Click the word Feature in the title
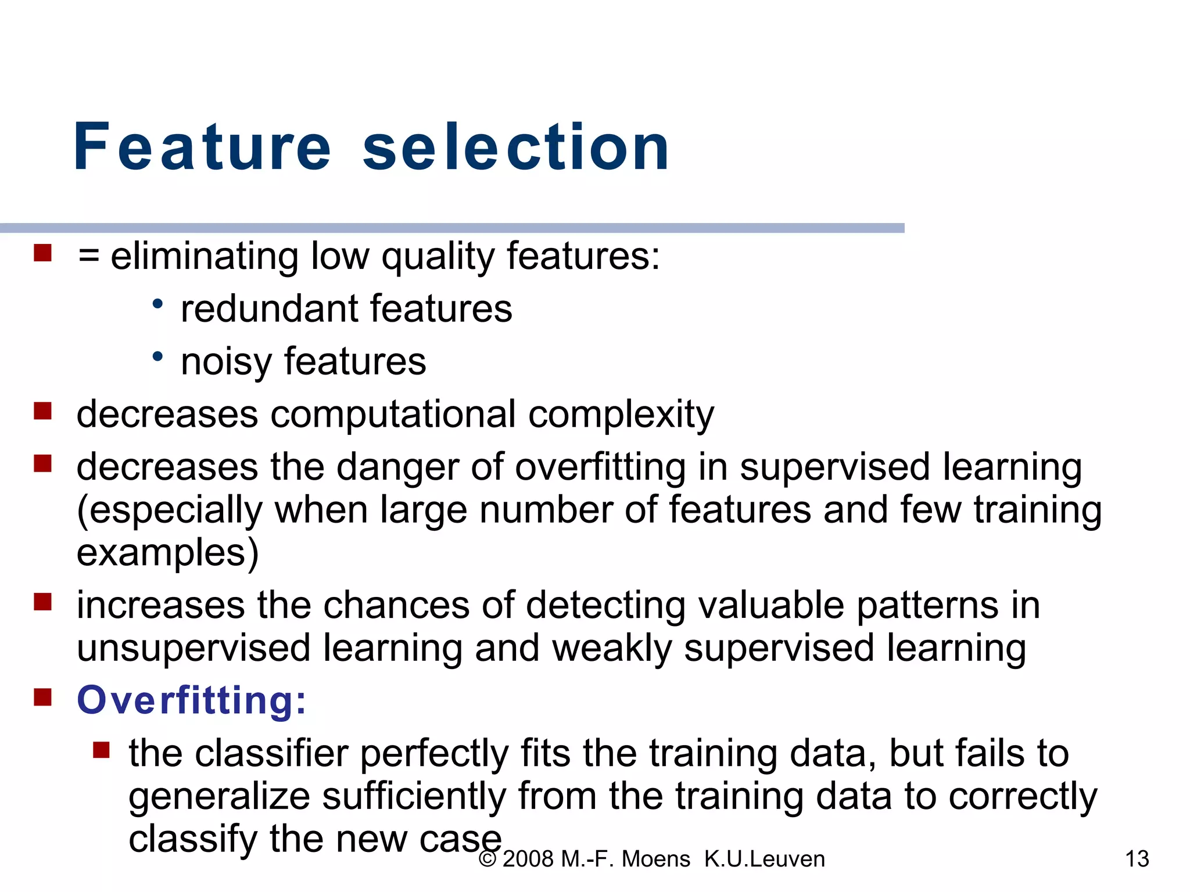pyautogui.click(x=202, y=148)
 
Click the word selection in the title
pyautogui.click(x=516, y=148)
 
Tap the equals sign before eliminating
pyautogui.click(x=89, y=256)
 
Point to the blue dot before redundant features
pyautogui.click(x=157, y=304)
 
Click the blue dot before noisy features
pyautogui.click(x=157, y=357)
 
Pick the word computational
pyautogui.click(x=393, y=415)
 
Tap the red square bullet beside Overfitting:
pyautogui.click(x=43, y=697)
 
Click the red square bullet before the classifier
pyautogui.click(x=101, y=750)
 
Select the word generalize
pyautogui.click(x=219, y=796)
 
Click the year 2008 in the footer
pyautogui.click(x=528, y=859)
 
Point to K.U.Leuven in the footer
pyautogui.click(x=764, y=859)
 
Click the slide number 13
pyautogui.click(x=1137, y=859)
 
